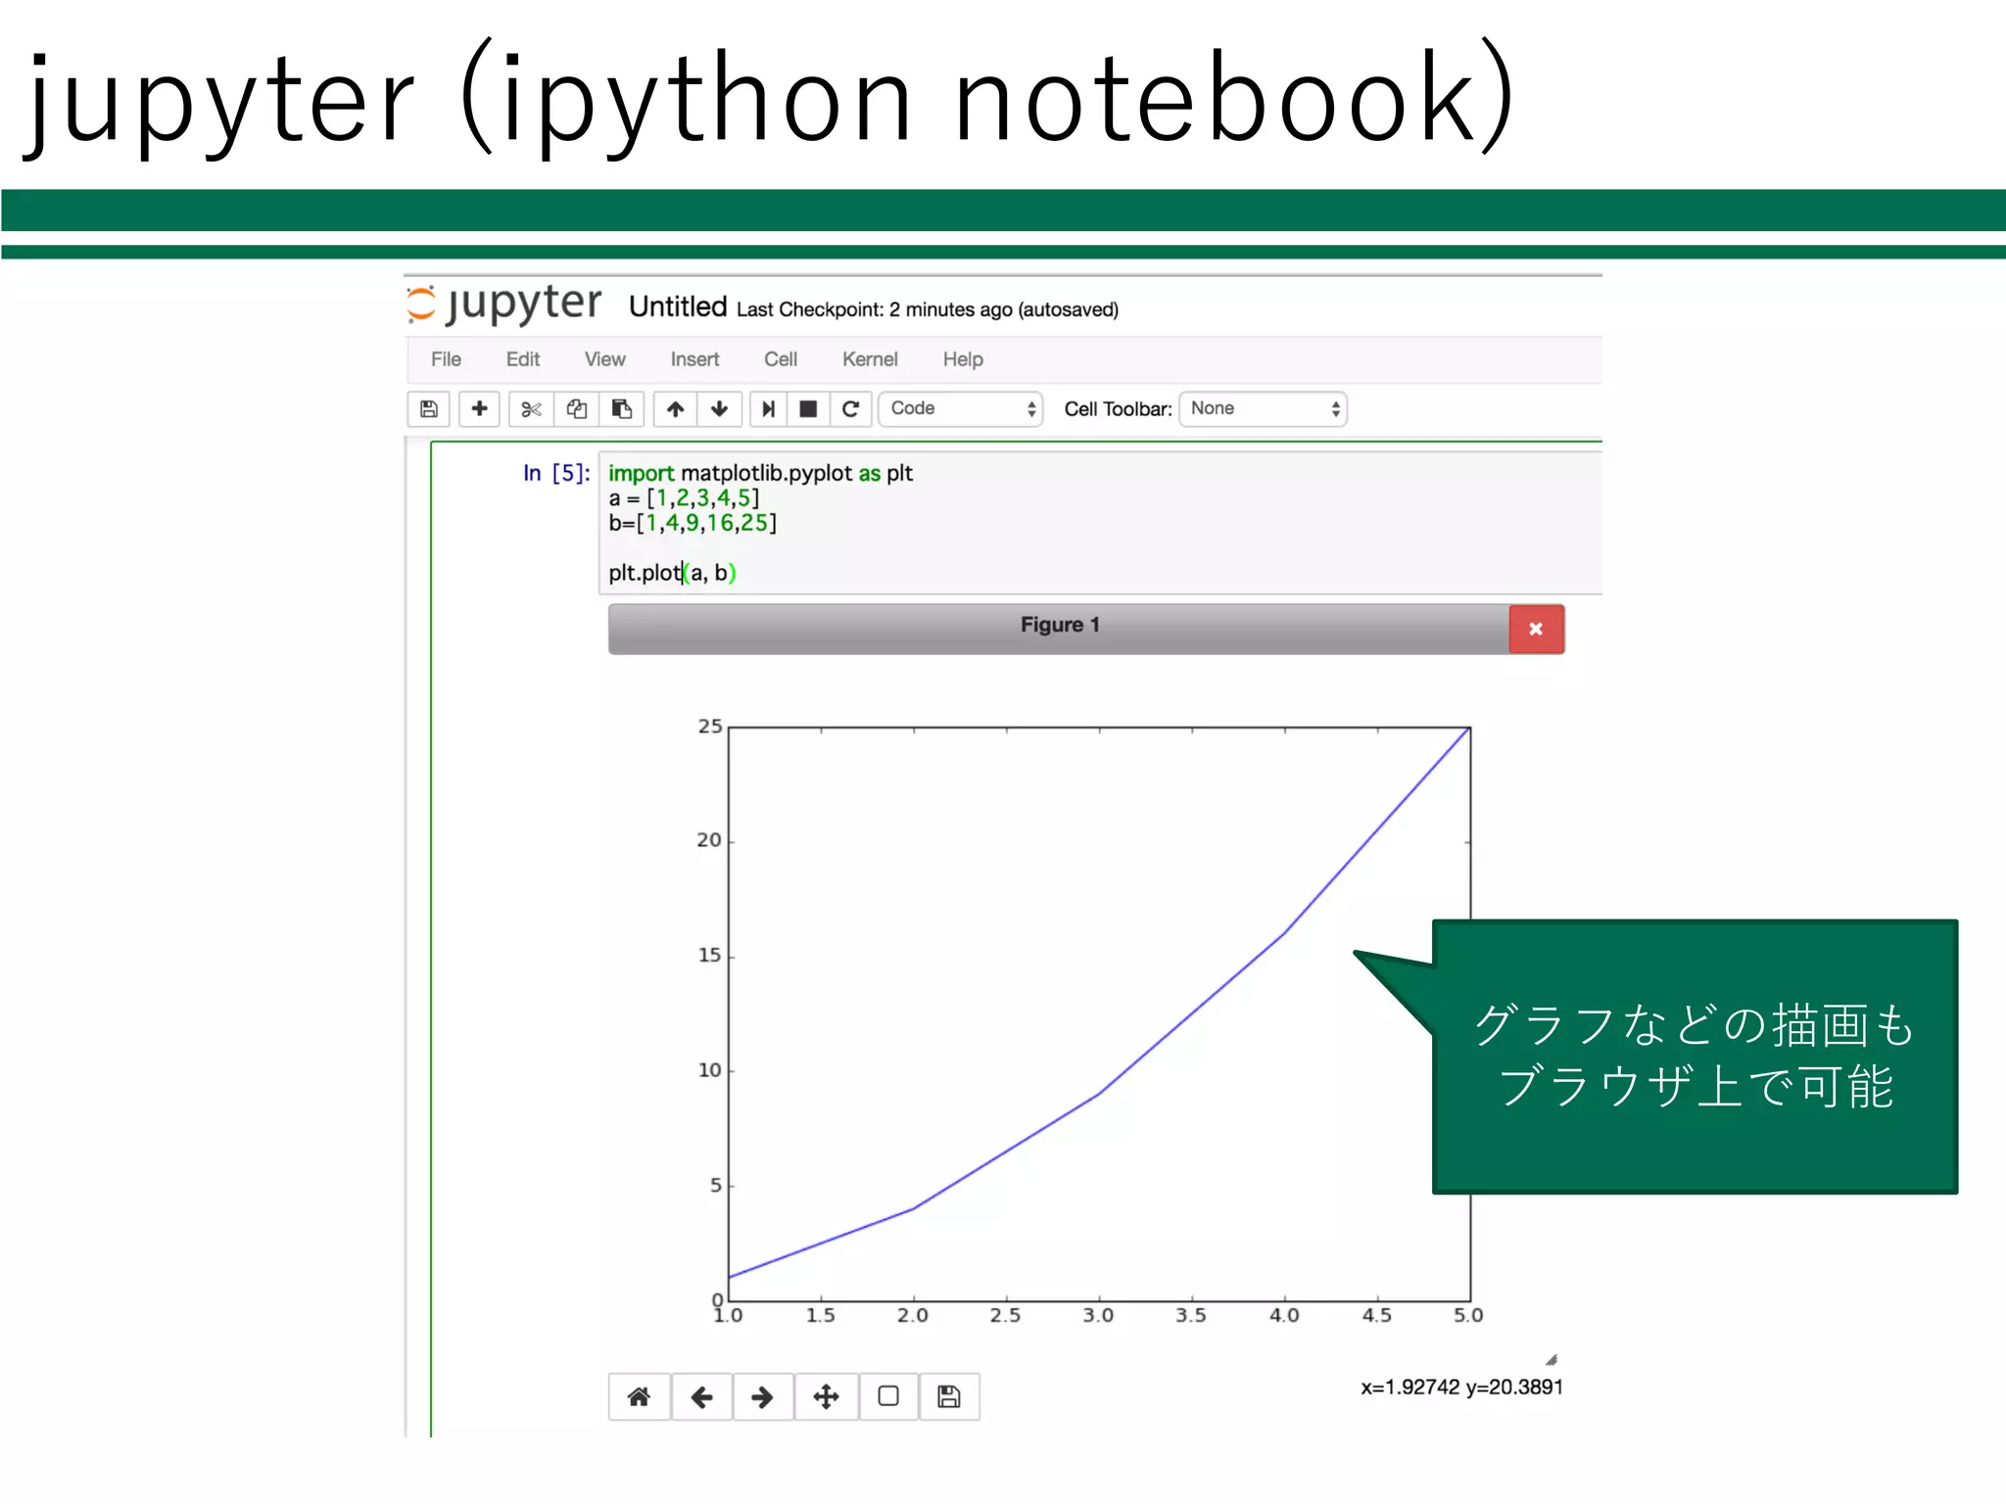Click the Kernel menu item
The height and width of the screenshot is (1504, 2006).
point(870,359)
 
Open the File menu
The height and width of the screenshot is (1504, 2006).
point(446,359)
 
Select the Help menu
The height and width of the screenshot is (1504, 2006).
point(963,359)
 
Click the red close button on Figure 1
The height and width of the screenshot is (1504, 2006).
point(1536,629)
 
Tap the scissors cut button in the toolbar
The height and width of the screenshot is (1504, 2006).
point(531,409)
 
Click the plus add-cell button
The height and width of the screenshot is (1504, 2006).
point(479,409)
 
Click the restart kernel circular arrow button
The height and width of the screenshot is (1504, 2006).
point(850,409)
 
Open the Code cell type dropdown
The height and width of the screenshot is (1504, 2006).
point(961,409)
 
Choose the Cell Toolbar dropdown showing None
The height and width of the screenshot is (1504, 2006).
point(1263,409)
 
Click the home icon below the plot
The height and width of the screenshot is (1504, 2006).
point(639,1396)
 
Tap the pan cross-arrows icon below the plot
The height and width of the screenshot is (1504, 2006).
point(826,1396)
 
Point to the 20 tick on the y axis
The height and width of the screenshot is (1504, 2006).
point(709,840)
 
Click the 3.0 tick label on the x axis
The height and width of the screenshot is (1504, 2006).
point(1098,1315)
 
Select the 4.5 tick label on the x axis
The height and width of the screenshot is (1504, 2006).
point(1376,1315)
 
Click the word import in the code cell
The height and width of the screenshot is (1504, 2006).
point(641,474)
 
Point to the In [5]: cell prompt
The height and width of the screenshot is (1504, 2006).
point(556,474)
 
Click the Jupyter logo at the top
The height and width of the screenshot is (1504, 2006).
point(504,305)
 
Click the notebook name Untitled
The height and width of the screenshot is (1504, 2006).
point(678,307)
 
